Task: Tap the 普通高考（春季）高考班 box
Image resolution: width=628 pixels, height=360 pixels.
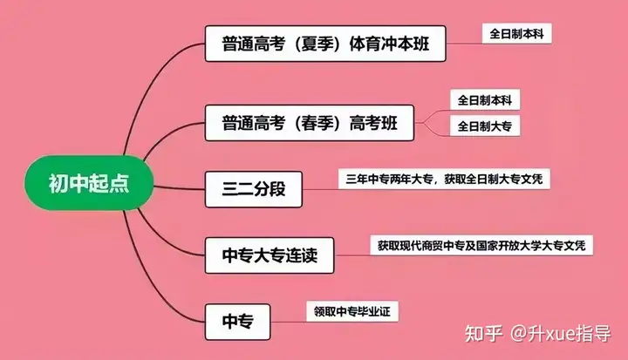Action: point(310,124)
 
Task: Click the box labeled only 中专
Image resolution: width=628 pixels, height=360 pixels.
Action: point(237,322)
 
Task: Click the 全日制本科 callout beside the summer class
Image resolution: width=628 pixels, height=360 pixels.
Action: point(517,34)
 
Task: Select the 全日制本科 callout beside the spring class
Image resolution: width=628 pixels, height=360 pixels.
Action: point(484,101)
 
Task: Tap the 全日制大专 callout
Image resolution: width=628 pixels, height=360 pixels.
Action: point(484,127)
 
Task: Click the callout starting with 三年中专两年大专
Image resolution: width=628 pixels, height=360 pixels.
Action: point(445,180)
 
